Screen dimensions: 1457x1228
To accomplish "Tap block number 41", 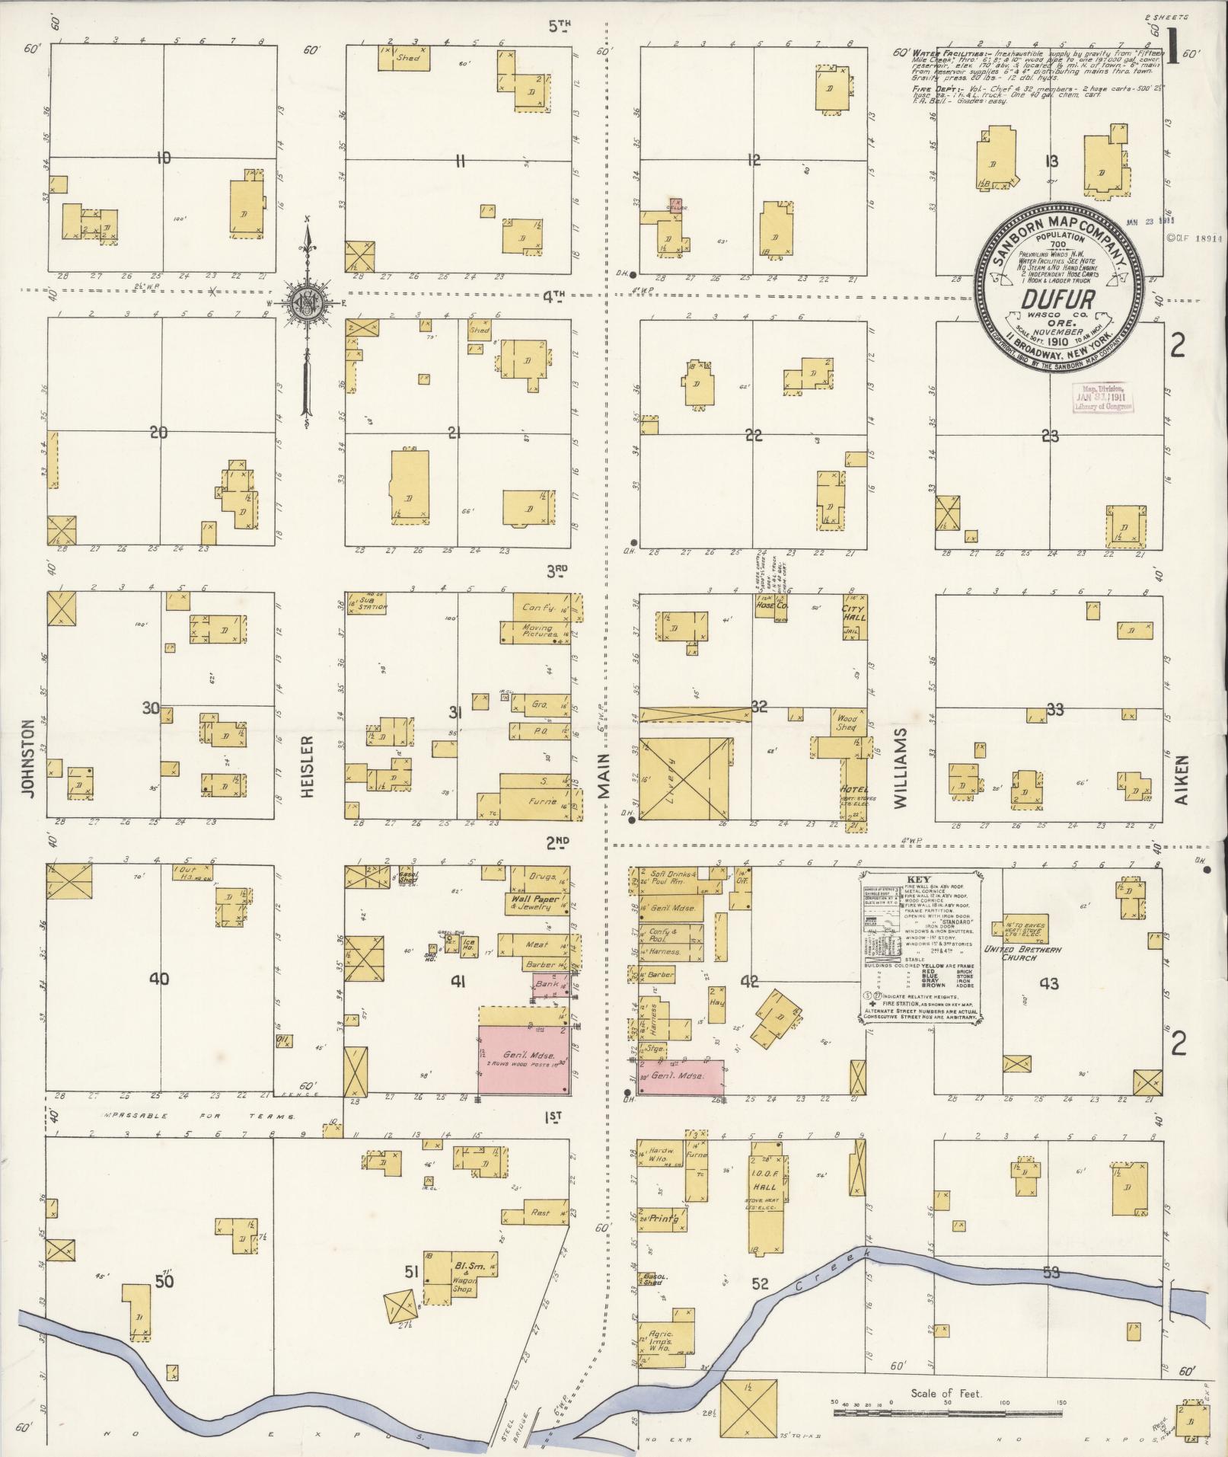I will (457, 981).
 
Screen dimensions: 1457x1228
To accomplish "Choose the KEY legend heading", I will (920, 878).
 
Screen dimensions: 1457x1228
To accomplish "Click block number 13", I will (1052, 160).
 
